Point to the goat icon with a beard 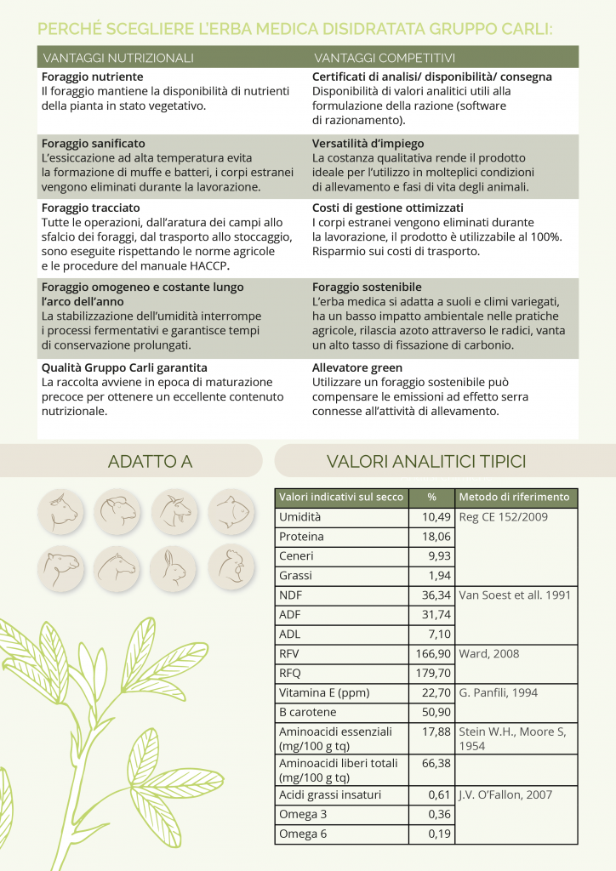(173, 510)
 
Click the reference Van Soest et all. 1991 (515, 595)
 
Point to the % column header (431, 498)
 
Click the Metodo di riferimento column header (514, 498)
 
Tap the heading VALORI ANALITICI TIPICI (426, 462)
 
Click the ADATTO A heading (150, 462)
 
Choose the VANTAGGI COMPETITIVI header (385, 59)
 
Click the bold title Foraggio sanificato (94, 144)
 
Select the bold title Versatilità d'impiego (368, 144)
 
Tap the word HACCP (209, 266)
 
